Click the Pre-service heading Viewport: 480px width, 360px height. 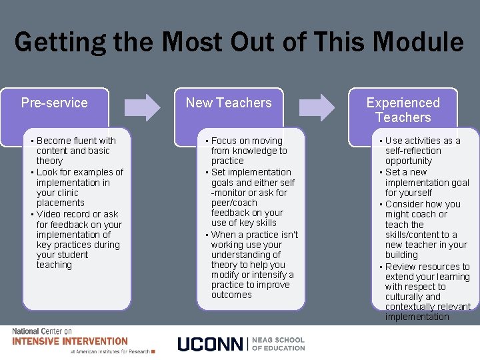(x=54, y=103)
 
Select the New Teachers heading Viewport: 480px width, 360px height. (x=229, y=103)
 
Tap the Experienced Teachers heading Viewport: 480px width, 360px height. (x=403, y=110)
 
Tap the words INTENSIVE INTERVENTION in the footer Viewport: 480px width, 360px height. (x=70, y=341)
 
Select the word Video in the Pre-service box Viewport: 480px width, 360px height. (x=49, y=214)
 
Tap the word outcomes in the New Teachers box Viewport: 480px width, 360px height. (x=231, y=295)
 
